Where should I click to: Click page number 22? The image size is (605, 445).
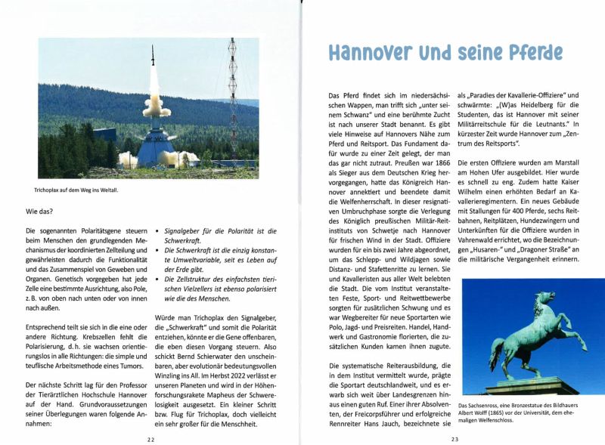point(151,437)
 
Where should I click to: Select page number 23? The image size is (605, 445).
point(455,437)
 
